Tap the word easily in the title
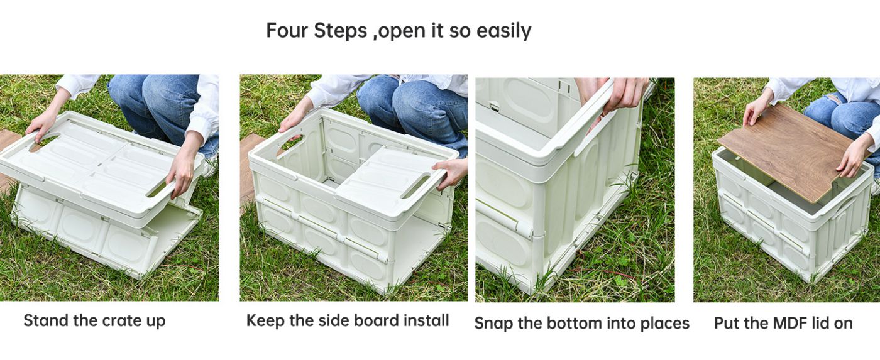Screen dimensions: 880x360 503,31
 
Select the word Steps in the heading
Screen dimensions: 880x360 340,31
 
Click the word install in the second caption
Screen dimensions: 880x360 427,320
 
